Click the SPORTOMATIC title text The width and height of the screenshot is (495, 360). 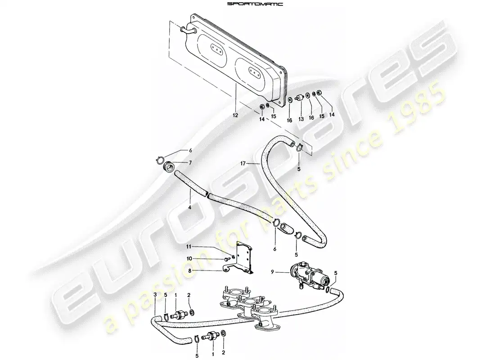(255, 4)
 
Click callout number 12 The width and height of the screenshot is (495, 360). (235, 116)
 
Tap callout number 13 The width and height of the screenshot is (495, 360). (301, 119)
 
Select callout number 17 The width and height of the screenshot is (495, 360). (243, 164)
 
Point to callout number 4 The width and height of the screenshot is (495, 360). (190, 208)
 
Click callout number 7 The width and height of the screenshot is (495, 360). (190, 162)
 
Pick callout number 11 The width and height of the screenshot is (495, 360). (189, 246)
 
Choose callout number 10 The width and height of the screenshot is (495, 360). (189, 259)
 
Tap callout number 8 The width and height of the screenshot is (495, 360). (190, 270)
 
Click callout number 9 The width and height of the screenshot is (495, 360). (272, 271)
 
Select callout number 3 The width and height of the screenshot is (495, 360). (155, 295)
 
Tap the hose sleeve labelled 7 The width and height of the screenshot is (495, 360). (170, 166)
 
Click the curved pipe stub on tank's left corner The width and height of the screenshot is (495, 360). (188, 31)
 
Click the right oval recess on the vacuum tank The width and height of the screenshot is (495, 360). (252, 72)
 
